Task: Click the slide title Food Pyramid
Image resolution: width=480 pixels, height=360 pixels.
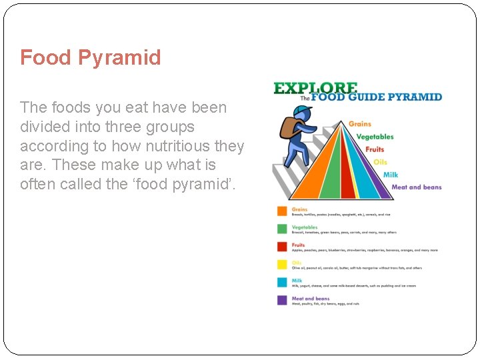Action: pos(91,57)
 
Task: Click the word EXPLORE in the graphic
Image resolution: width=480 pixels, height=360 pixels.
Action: pos(315,88)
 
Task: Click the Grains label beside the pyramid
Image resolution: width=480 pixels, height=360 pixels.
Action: pos(360,124)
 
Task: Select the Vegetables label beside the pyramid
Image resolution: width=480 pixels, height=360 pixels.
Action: pos(375,137)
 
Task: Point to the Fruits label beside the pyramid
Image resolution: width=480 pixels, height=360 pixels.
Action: pos(375,149)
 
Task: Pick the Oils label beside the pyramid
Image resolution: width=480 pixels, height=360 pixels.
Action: pos(380,162)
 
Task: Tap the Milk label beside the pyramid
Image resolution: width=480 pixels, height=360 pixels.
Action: pos(390,175)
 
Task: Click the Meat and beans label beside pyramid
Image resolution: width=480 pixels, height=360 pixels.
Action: pos(416,187)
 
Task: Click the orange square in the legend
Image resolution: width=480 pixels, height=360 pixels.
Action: pos(282,211)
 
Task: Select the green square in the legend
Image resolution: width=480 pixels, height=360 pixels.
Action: pos(282,229)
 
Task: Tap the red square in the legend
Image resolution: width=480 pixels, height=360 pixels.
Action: pos(282,247)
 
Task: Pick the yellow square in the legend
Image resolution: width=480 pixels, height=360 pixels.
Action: pos(282,265)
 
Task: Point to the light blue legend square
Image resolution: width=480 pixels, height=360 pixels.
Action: pos(282,283)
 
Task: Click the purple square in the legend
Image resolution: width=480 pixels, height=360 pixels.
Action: pos(282,301)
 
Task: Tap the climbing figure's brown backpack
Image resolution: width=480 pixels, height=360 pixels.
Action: pos(289,126)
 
